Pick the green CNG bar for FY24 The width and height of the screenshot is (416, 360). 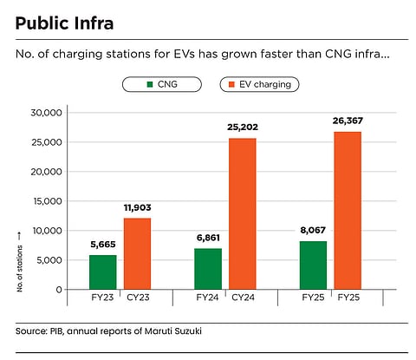208,268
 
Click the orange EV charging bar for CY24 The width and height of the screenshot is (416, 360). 244,213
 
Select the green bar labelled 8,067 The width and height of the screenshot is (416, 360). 313,265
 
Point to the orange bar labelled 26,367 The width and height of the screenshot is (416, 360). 348,210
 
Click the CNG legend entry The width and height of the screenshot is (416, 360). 161,85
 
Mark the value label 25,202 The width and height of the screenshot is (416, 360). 244,128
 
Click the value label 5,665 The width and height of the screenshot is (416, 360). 104,245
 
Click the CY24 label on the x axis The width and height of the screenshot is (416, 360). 244,298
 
